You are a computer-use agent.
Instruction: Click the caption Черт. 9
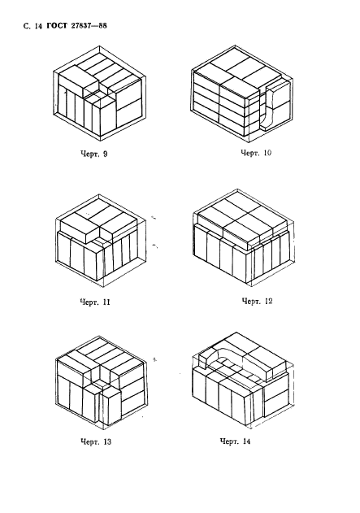(x=93, y=154)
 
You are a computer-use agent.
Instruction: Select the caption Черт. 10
(x=256, y=153)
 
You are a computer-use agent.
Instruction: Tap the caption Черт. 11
(x=95, y=302)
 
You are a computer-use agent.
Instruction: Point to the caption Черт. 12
(x=257, y=301)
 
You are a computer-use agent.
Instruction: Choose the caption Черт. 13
(x=96, y=441)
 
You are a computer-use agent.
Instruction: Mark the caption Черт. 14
(x=236, y=441)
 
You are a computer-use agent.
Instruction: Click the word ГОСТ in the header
(x=57, y=26)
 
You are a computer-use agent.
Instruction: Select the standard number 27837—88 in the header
(x=89, y=26)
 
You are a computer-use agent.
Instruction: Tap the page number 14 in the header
(x=38, y=27)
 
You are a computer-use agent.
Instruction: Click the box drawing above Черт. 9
(x=99, y=92)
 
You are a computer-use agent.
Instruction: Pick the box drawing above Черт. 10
(x=242, y=94)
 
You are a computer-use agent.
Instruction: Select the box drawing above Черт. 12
(x=243, y=238)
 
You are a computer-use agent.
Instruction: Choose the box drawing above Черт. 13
(x=101, y=382)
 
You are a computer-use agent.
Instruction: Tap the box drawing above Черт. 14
(x=243, y=380)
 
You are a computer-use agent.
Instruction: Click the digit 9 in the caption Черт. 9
(x=105, y=154)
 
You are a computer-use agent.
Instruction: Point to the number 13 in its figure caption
(x=107, y=441)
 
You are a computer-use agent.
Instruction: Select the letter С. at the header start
(x=27, y=27)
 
